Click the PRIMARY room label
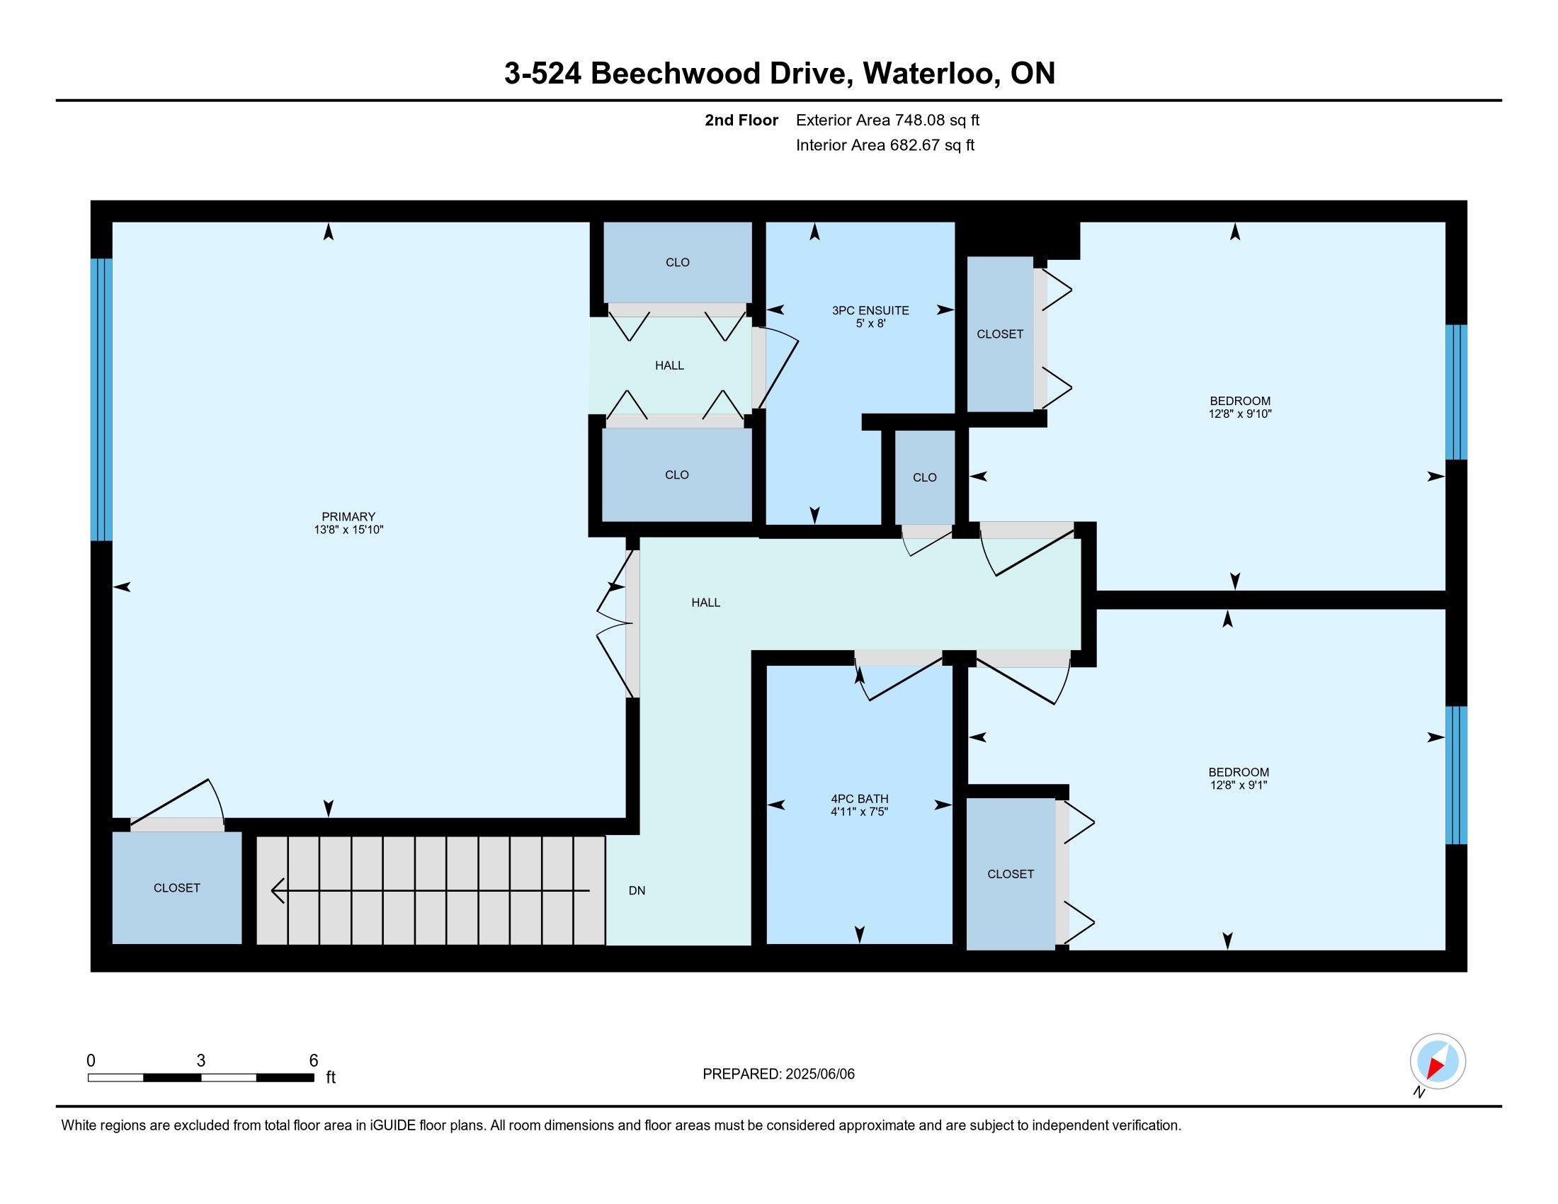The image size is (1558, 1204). click(348, 516)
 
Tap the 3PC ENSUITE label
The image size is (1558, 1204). click(870, 310)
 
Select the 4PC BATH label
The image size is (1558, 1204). click(860, 799)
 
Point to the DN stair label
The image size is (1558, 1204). click(637, 890)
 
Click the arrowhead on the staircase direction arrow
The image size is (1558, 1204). click(278, 890)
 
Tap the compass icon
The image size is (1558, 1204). click(1438, 1061)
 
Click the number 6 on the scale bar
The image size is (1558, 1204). click(313, 1061)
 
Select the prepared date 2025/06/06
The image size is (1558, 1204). click(819, 1074)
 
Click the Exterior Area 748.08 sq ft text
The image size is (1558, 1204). click(887, 120)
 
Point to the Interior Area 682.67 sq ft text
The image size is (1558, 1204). click(885, 144)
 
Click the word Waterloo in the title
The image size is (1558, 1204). click(929, 74)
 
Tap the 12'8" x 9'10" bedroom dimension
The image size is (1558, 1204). click(1240, 414)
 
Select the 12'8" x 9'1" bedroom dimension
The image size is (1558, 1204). click(1239, 785)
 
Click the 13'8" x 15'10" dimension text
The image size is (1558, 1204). click(349, 530)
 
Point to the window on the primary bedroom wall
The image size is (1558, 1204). click(101, 399)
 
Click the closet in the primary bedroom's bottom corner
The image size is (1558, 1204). click(177, 888)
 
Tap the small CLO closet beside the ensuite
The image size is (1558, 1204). click(924, 477)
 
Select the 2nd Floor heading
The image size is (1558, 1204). click(741, 120)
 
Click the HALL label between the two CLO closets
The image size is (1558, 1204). click(669, 365)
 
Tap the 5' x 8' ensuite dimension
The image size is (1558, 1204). click(871, 324)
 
